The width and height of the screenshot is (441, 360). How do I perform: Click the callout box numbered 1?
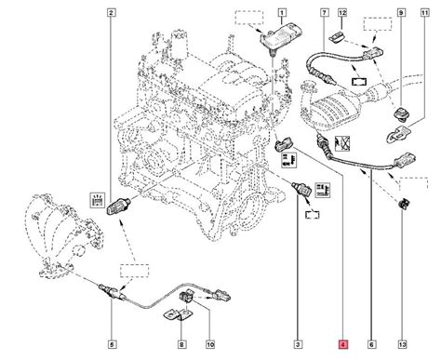click(x=282, y=13)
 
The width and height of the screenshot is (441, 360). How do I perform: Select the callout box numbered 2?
click(x=112, y=13)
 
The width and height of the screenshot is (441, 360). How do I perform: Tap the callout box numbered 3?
click(x=298, y=344)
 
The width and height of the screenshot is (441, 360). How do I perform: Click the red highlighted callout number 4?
click(x=343, y=344)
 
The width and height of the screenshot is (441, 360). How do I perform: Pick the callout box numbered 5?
click(x=112, y=344)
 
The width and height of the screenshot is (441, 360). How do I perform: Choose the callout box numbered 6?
click(x=371, y=344)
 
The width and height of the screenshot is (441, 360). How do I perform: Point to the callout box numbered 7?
click(x=324, y=13)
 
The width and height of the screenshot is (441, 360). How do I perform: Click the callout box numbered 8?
click(x=181, y=344)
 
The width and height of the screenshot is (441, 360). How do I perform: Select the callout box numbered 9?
click(x=401, y=13)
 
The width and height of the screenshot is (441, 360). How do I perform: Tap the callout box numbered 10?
click(x=210, y=344)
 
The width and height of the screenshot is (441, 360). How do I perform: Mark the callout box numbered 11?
click(x=425, y=13)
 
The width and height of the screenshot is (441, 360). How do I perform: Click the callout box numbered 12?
click(x=342, y=13)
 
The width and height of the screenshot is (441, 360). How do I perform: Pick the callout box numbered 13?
click(x=402, y=344)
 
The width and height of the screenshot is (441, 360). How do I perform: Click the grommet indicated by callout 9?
click(x=402, y=113)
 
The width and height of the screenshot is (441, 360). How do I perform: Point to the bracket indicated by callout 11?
click(x=398, y=134)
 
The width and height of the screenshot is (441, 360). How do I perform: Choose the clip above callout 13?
click(x=404, y=204)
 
